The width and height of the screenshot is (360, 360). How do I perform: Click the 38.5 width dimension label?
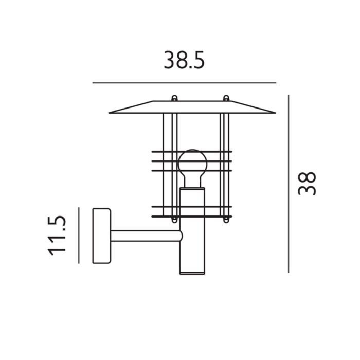coord(184,60)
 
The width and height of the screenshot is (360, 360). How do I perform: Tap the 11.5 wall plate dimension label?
coord(57,235)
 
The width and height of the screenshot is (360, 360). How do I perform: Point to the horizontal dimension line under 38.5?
coord(184,83)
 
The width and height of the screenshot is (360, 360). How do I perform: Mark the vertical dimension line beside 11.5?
coord(79,235)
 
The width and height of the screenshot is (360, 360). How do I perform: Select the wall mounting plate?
coord(101,235)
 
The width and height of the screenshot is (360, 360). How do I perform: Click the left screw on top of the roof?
coord(174,98)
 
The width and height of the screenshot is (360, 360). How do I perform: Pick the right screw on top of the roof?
coord(225,98)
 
